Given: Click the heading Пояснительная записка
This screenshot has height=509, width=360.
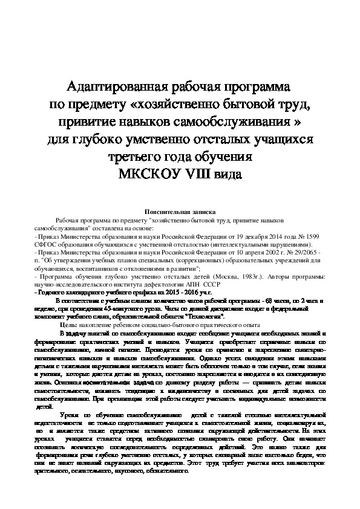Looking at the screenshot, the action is (x=179, y=212).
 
